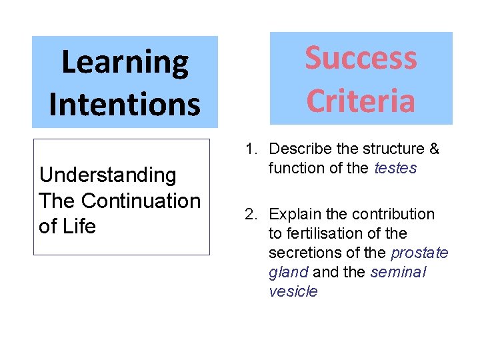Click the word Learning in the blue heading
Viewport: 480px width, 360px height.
[x=125, y=63]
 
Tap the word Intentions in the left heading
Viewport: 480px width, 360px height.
[x=125, y=105]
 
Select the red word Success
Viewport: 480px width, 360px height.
[x=361, y=58]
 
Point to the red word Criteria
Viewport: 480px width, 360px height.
[x=361, y=101]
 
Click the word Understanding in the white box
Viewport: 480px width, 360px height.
[x=108, y=175]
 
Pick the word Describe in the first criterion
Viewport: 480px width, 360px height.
[x=296, y=149]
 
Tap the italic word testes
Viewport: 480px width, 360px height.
[x=395, y=168]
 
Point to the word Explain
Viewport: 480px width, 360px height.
[x=293, y=214]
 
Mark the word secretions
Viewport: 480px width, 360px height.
[x=300, y=253]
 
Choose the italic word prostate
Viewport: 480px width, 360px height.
[x=419, y=253]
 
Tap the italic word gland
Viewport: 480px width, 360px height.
[x=288, y=272]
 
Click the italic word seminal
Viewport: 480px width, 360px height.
[x=398, y=272]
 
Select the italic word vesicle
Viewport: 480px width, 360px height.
[x=293, y=291]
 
